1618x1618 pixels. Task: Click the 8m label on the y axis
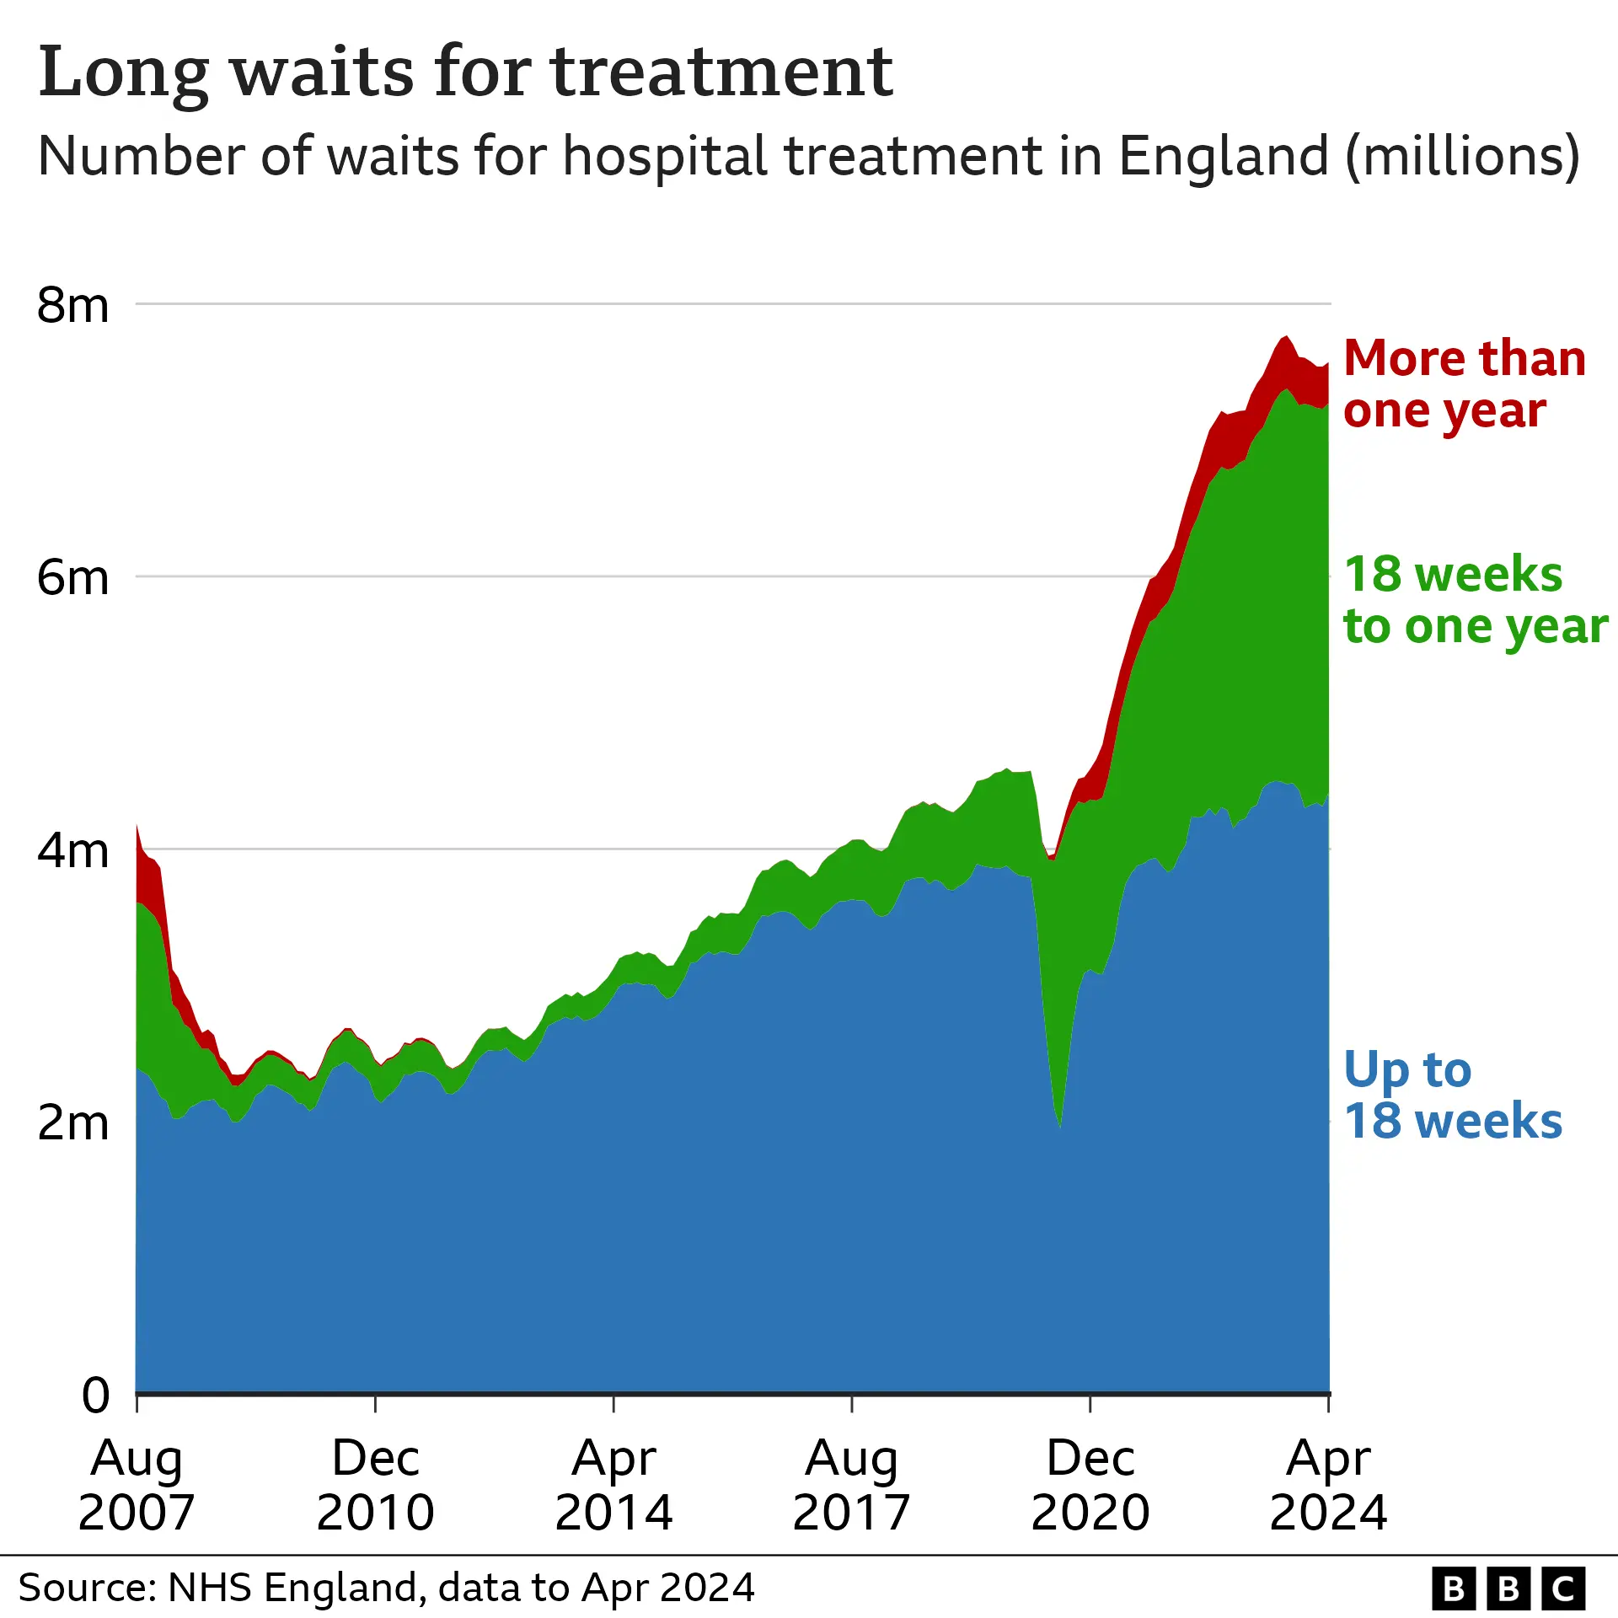click(72, 305)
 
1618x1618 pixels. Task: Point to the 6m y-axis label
click(72, 578)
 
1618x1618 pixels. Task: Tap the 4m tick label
click(72, 850)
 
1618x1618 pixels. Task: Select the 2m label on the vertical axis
click(72, 1123)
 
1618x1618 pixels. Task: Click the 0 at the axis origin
click(95, 1396)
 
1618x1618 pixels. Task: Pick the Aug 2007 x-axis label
click(137, 1485)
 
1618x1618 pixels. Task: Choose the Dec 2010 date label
click(375, 1485)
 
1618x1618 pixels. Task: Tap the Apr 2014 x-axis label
click(613, 1485)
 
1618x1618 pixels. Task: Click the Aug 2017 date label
click(852, 1485)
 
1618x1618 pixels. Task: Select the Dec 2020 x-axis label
click(1090, 1485)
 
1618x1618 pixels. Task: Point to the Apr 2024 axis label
click(1328, 1485)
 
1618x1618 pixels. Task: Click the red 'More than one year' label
click(1464, 383)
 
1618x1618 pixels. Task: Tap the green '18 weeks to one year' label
click(1475, 600)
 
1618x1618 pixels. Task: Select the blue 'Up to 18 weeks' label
click(1452, 1095)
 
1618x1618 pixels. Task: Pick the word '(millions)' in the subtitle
click(1462, 157)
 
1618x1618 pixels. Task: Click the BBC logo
click(1508, 1589)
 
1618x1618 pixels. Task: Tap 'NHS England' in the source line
click(292, 1588)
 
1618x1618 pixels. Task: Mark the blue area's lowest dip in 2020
click(1059, 1126)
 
